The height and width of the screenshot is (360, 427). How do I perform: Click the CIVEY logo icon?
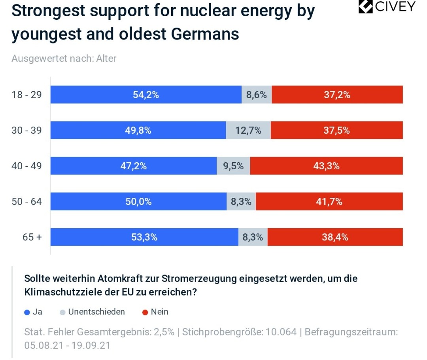tap(366, 7)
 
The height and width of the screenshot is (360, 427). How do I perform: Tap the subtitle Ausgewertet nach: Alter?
tap(64, 59)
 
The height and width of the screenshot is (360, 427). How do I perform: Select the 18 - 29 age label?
tap(26, 95)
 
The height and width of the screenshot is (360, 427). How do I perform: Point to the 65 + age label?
tap(32, 237)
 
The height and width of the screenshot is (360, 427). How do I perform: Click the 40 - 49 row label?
tap(26, 166)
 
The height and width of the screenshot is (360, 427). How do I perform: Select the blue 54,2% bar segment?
tap(145, 95)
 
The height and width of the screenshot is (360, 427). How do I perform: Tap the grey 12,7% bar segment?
tap(248, 131)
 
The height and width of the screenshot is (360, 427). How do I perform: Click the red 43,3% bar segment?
tap(326, 166)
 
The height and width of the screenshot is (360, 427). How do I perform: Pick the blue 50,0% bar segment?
tap(138, 202)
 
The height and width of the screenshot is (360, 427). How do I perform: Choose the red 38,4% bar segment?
tap(335, 237)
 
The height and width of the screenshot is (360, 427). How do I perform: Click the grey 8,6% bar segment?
tap(257, 95)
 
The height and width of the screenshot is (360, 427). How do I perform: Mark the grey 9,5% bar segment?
tap(233, 166)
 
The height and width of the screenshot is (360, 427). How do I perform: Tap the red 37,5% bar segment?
tap(336, 131)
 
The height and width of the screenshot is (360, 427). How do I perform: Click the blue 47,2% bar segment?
tap(133, 166)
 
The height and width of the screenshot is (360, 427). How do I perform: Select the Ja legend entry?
tap(34, 312)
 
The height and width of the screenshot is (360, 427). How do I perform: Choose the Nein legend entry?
tap(155, 312)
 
